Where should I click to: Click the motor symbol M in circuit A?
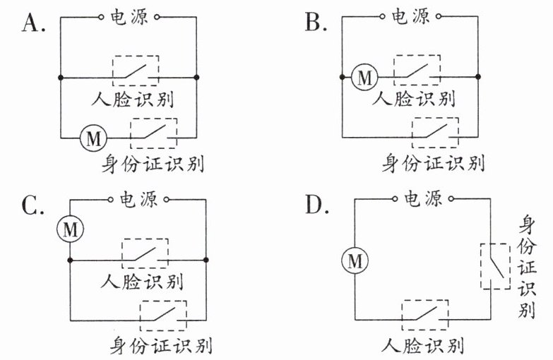coord(93,138)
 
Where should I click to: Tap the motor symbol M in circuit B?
coord(364,77)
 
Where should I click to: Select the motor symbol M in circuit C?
coord(70,229)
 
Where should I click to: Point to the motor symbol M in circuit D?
coord(355,261)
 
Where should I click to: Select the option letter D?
coord(316,205)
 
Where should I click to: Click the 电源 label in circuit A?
coord(129,16)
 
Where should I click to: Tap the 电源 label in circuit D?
coord(422,199)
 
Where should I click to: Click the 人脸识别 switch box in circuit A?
coord(136,71)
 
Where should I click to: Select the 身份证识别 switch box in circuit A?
coord(154,133)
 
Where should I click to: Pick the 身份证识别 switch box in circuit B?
coord(435,132)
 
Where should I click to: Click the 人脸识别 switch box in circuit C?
coord(145,254)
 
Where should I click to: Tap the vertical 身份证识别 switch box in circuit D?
coord(496,266)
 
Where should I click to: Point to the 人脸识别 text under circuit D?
coord(422,345)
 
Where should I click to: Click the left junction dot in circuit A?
coord(61,77)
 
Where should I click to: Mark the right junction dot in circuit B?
coord(478,76)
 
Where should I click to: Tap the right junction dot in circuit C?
coord(206,260)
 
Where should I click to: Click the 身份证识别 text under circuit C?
coord(161,345)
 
